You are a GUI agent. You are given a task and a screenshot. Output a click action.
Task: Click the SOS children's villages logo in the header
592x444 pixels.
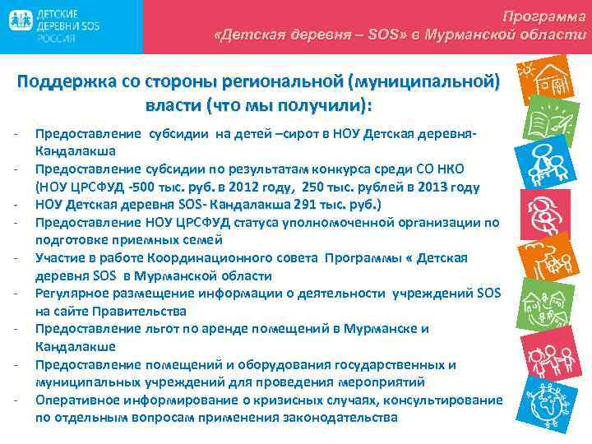coord(53,28)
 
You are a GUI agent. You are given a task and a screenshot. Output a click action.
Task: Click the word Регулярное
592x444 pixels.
coord(71,294)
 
